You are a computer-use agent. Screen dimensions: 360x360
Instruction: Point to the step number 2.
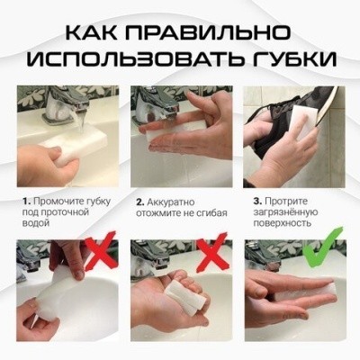click(x=139, y=201)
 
